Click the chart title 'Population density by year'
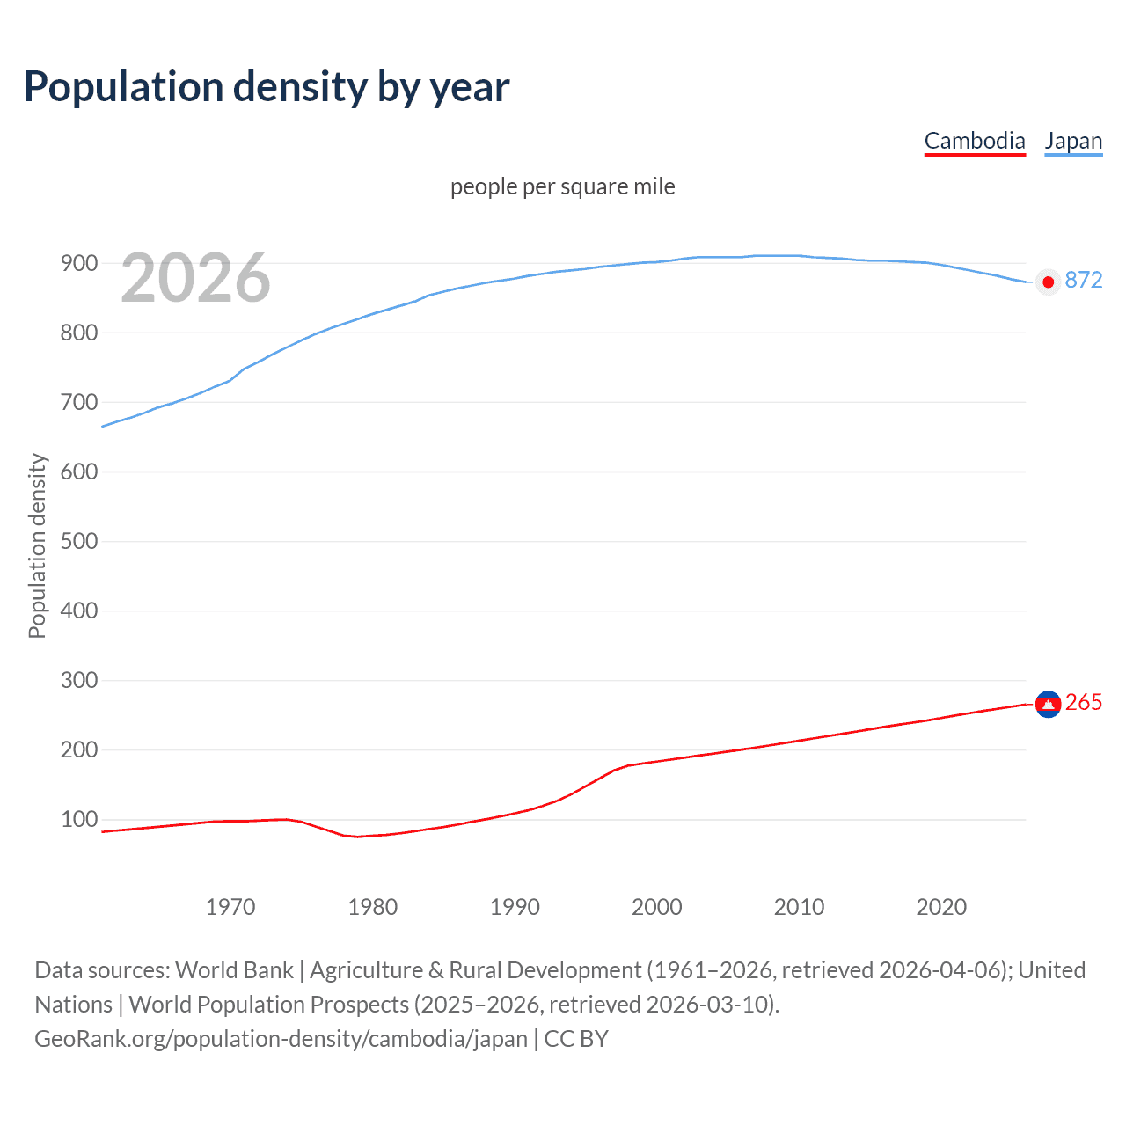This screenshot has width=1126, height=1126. point(267,87)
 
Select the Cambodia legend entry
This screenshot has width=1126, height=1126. point(975,142)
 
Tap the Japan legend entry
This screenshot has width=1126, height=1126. point(1073,142)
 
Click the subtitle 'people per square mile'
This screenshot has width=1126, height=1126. point(563,186)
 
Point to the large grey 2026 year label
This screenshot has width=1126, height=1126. point(195,278)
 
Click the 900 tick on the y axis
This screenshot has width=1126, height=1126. point(78,263)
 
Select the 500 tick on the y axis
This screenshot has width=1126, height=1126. point(78,541)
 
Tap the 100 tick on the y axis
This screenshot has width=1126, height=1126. point(78,819)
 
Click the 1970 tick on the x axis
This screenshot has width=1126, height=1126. point(230,907)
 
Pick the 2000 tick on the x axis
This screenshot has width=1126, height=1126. point(657,907)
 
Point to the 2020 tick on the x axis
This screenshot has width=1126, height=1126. point(941,907)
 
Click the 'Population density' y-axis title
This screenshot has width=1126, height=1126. point(37,545)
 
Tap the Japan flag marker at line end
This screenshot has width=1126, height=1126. point(1048,281)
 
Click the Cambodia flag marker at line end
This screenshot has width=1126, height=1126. point(1048,704)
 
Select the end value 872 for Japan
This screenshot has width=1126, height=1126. point(1083,280)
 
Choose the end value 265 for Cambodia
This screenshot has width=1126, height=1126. point(1083,702)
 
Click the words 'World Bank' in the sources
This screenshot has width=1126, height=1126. point(234,970)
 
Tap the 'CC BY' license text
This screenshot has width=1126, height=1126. point(576,1039)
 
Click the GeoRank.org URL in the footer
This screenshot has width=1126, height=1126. point(281,1039)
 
